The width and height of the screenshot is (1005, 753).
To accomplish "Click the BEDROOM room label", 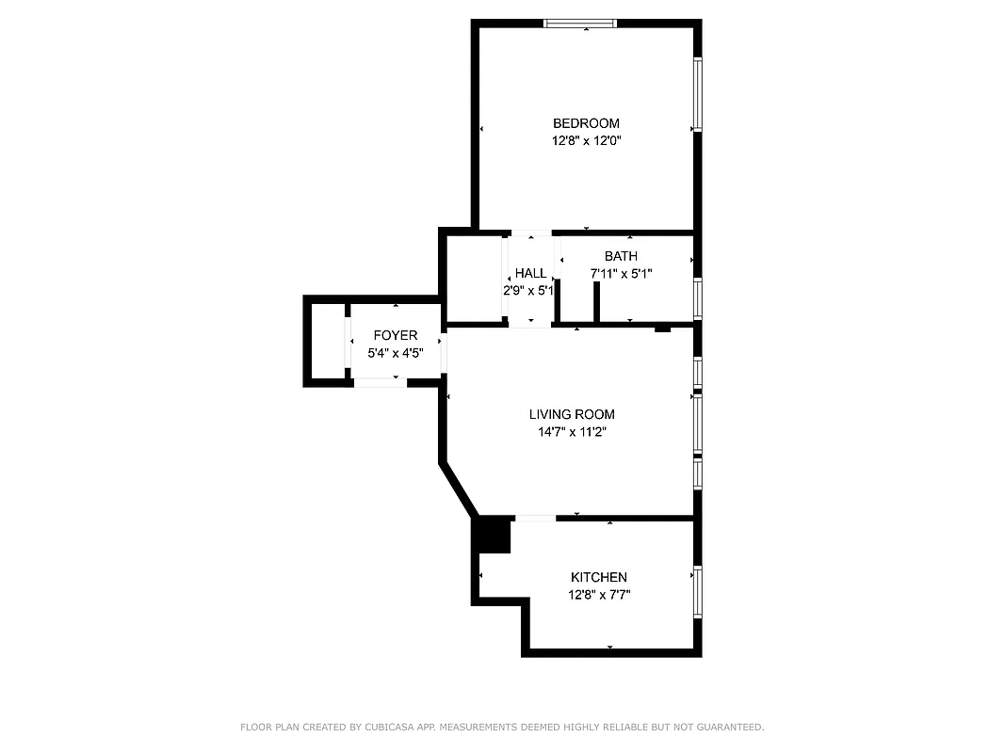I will click(586, 123).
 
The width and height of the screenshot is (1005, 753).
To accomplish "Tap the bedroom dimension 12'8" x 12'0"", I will click(586, 141).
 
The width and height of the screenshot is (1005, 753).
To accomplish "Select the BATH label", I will click(621, 256).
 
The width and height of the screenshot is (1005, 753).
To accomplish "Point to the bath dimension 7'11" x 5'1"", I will click(621, 274).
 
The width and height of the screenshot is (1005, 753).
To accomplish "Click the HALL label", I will click(530, 273).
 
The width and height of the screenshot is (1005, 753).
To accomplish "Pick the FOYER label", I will click(395, 336).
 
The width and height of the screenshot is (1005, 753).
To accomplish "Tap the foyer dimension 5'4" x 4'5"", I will click(395, 354).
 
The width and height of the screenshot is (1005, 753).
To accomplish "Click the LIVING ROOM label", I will click(571, 414).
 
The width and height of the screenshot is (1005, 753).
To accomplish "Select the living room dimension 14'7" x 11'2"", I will click(571, 432).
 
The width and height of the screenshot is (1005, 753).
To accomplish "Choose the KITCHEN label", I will click(598, 577).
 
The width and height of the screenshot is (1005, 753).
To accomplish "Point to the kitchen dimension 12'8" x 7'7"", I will click(598, 595).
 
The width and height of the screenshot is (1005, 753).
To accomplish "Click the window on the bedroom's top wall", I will click(581, 24).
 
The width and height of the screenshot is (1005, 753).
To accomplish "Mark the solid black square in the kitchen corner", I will click(493, 535).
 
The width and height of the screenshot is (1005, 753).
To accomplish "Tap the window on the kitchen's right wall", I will click(697, 590).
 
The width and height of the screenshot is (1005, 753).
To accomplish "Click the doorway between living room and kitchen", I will click(535, 518).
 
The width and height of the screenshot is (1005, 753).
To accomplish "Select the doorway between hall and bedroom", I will click(531, 232).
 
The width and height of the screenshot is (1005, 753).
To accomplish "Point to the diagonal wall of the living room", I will click(459, 488).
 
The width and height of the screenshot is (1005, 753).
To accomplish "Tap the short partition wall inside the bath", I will click(596, 302).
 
